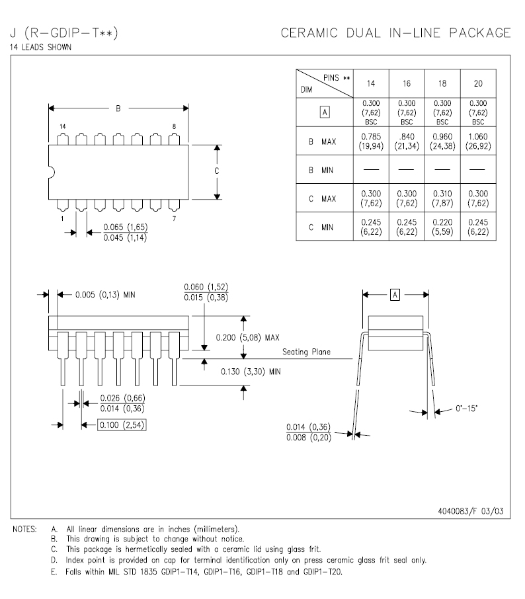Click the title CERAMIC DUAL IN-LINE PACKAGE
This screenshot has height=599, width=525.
click(396, 33)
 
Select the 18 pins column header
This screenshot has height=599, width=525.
click(442, 83)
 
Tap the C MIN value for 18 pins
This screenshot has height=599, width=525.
click(442, 227)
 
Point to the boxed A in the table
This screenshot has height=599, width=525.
click(324, 112)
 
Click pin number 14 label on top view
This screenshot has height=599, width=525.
click(62, 126)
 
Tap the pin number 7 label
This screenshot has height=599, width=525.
click(174, 218)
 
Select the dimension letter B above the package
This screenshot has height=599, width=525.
click(118, 108)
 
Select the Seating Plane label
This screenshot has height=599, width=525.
click(306, 352)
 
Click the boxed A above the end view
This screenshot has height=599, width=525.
click(395, 294)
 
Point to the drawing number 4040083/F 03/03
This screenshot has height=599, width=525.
click(473, 511)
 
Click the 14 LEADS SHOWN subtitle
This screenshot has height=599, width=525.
click(41, 48)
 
